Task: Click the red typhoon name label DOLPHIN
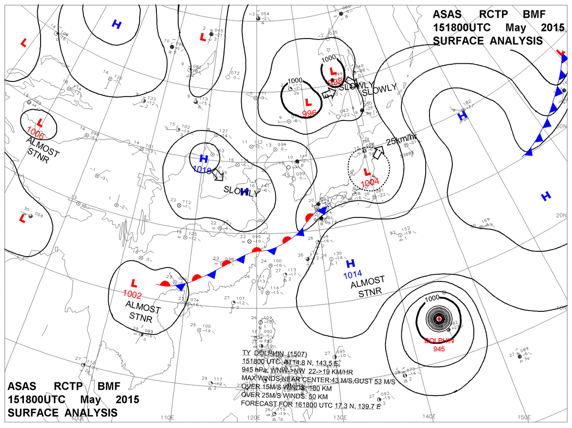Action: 439,341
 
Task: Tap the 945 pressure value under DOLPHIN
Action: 439,349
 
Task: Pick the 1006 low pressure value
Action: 36,130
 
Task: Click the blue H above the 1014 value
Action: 351,263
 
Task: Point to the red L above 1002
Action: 134,282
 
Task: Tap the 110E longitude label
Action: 166,418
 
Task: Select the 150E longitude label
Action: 524,417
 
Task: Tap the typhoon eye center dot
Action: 439,319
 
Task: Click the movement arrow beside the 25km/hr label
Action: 378,153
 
